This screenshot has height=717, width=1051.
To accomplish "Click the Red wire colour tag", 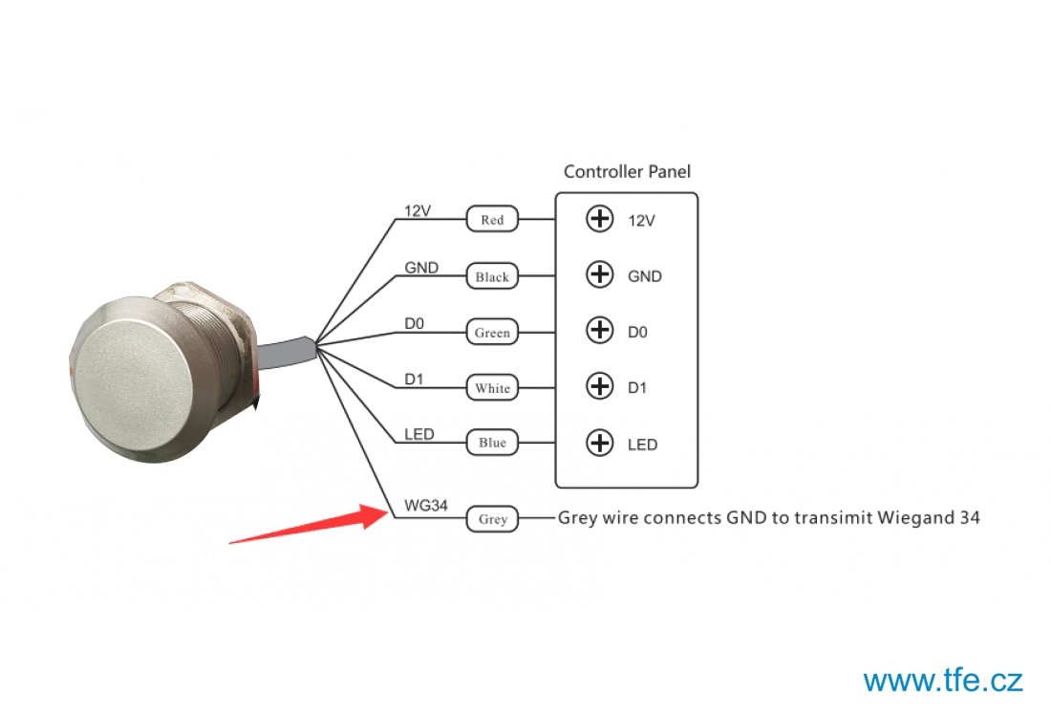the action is [492, 219].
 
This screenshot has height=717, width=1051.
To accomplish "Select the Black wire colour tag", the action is [492, 275].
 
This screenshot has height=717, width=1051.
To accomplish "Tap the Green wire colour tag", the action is [492, 332].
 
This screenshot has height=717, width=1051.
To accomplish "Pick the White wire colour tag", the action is [492, 387].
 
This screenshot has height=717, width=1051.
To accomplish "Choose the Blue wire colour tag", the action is [492, 442].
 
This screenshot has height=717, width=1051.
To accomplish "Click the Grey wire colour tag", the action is [492, 518].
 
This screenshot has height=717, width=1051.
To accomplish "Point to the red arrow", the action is [309, 523].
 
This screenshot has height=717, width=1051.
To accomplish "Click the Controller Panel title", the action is [627, 172].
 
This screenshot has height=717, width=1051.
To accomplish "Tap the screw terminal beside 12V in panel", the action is [599, 219].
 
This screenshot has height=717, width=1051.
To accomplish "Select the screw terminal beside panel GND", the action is [599, 274].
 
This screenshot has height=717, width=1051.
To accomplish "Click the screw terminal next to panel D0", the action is [599, 330].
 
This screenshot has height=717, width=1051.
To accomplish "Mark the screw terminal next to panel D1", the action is [599, 386].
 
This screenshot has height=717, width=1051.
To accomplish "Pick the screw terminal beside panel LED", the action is [599, 443].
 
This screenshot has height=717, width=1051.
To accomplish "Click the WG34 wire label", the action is [425, 505].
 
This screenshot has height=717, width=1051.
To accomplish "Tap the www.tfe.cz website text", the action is [942, 680].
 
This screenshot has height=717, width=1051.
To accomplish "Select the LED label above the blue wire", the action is [418, 435].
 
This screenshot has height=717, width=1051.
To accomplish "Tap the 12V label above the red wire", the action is [417, 211].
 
